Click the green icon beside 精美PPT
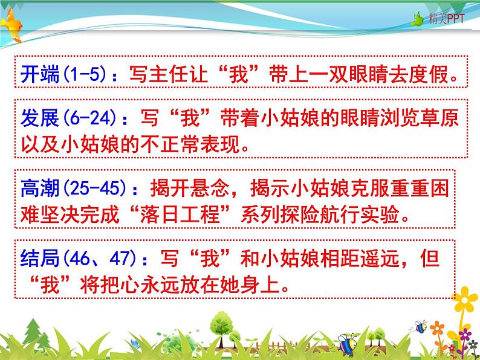point(433,20)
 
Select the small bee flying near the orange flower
point(421,327)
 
